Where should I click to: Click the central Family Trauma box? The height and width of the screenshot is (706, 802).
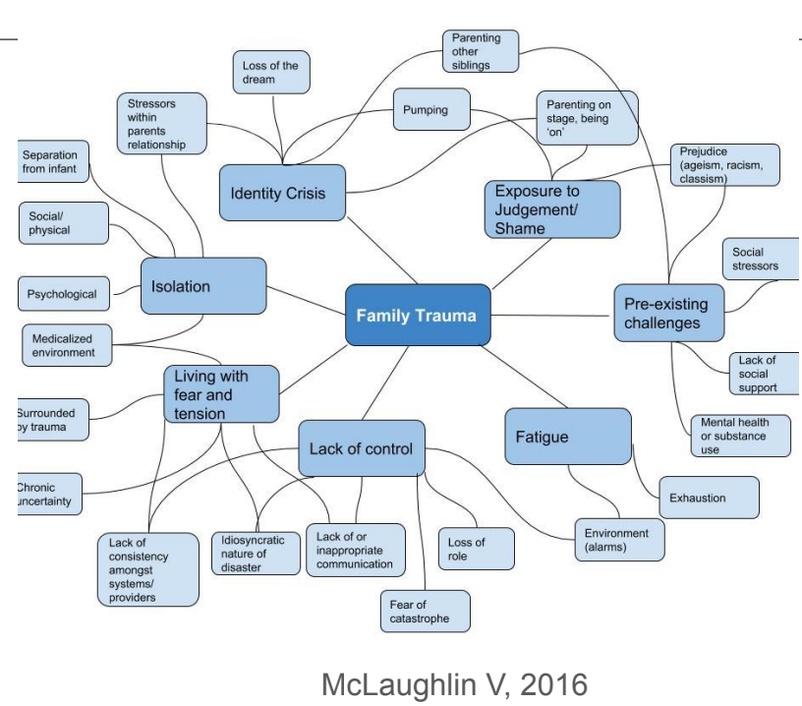click(417, 316)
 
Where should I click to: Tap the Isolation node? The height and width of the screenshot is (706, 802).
click(203, 286)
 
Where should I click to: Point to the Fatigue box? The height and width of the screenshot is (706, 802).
click(568, 436)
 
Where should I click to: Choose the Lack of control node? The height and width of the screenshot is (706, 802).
click(362, 449)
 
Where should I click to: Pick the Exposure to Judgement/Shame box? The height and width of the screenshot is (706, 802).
click(552, 208)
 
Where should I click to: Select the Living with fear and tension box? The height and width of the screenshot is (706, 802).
click(221, 394)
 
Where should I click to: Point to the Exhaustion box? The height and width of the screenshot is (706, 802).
click(709, 498)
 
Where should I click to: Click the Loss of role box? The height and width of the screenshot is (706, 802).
click(476, 549)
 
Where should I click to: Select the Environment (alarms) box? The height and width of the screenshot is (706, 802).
click(618, 539)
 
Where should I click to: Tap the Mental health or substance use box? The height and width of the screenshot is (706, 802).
click(739, 436)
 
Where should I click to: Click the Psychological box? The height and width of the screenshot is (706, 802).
click(63, 293)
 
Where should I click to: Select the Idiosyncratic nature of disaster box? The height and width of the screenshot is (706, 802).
click(256, 553)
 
